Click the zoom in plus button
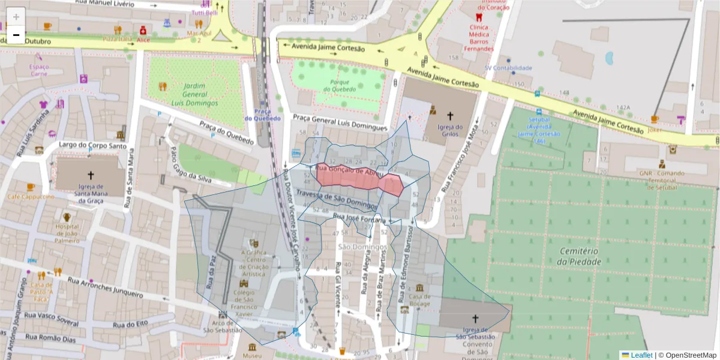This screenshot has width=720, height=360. click(16, 16)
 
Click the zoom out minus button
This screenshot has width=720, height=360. click(16, 35)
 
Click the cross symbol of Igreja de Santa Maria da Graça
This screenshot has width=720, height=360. click(91, 175)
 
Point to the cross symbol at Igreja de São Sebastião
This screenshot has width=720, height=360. click(476, 319)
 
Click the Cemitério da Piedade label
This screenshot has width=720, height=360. click(579, 256)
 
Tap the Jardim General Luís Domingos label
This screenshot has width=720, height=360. click(195, 94)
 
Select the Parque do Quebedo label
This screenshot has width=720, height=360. click(340, 85)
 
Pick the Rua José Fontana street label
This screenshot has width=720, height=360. click(359, 220)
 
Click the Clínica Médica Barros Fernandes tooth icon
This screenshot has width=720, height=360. click(478, 17)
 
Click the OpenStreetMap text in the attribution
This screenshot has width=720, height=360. click(687, 355)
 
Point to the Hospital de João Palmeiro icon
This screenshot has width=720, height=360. click(67, 217)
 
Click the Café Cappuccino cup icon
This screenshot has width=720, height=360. click(30, 187)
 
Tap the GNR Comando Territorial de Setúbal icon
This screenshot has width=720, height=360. click(662, 163)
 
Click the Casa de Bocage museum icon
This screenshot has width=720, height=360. click(419, 288)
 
